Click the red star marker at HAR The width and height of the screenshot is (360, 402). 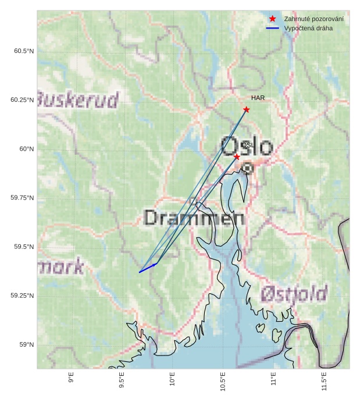point(247,109)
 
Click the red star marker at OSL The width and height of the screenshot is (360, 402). point(237,157)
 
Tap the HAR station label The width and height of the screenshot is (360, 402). point(258,98)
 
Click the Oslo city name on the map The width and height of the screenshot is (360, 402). point(247,146)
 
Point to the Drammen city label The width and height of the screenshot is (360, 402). point(194,218)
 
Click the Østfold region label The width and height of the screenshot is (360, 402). point(293,294)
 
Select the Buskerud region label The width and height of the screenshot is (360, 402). point(78,100)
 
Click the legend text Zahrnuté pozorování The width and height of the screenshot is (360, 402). point(313,19)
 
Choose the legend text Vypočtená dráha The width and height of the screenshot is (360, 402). point(308,28)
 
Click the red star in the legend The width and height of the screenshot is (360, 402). point(272,19)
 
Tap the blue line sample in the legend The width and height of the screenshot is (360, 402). point(272,28)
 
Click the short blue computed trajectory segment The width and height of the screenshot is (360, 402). point(148,268)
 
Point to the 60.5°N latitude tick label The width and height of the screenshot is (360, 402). point(24,51)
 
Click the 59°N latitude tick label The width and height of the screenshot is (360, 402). point(26,344)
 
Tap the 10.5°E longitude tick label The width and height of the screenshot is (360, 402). point(223,379)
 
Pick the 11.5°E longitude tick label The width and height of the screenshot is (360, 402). point(324,379)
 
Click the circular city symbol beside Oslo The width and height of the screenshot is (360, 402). point(248,168)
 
